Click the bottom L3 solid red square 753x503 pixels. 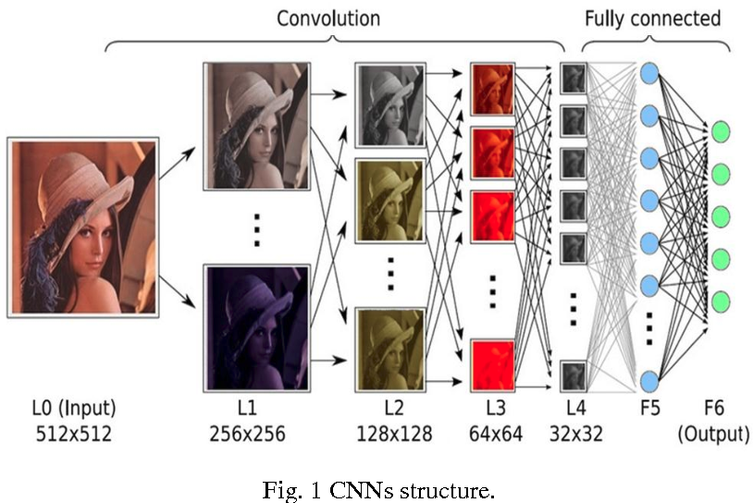(x=493, y=364)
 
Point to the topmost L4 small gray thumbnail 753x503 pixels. (x=573, y=78)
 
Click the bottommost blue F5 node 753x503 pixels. (x=649, y=379)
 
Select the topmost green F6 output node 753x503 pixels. (x=720, y=132)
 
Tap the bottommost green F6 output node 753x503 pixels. (x=720, y=301)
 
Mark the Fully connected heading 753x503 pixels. (x=651, y=18)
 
